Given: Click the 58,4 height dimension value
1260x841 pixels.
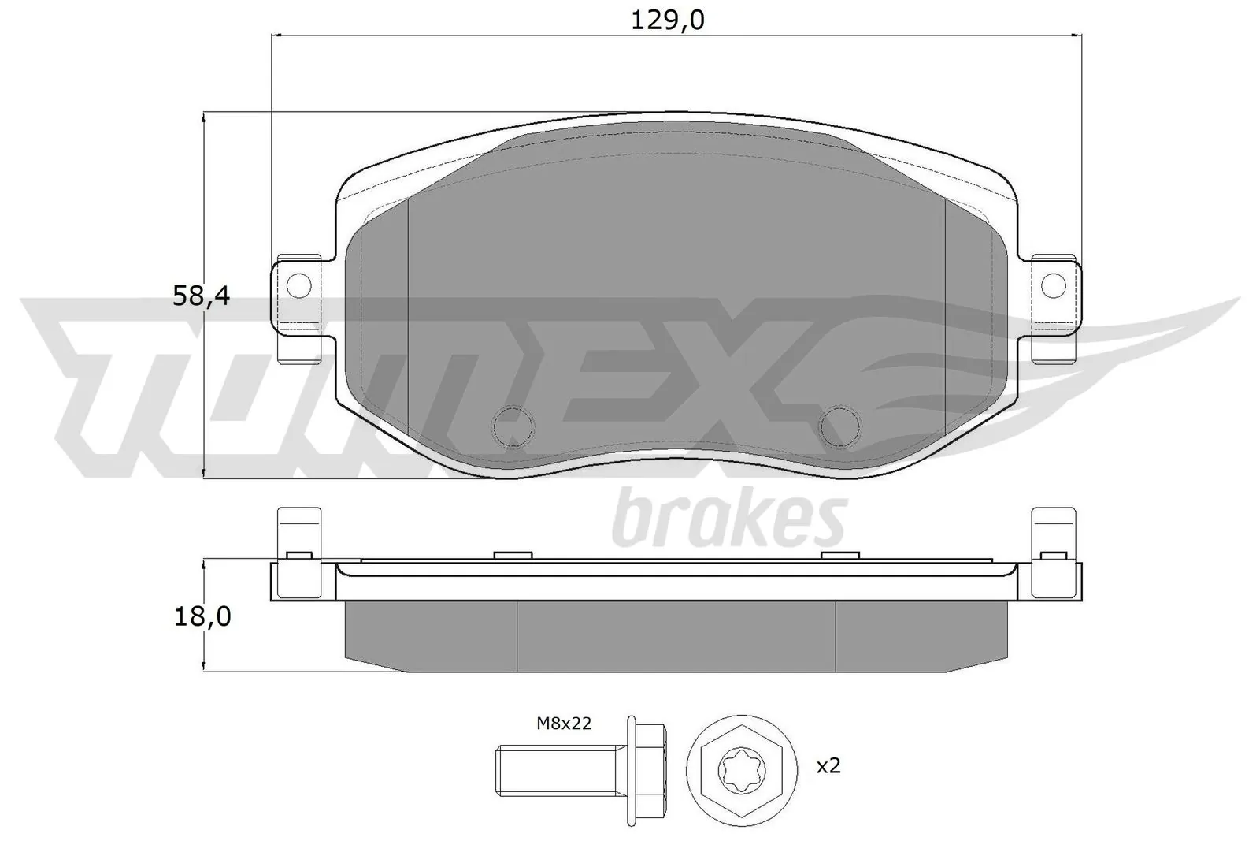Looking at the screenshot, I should point(201,296).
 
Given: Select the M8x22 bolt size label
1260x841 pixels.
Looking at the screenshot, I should point(564,722).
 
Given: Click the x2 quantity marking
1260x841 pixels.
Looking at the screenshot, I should point(828,765).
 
